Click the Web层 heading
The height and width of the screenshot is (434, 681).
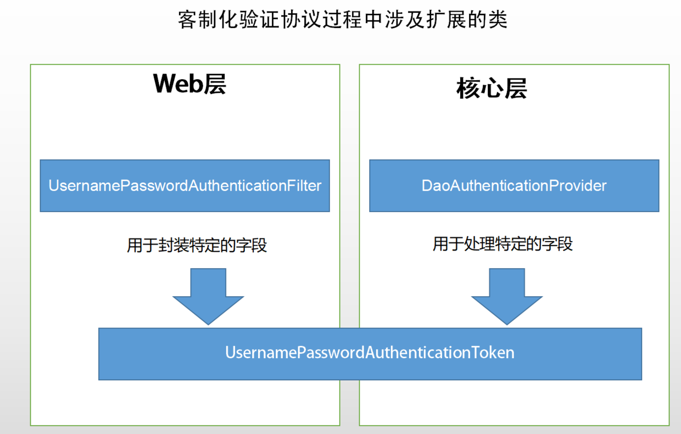[x=189, y=84]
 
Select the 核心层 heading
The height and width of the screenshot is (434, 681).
[x=492, y=88]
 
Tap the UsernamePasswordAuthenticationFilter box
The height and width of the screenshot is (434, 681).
[x=185, y=186]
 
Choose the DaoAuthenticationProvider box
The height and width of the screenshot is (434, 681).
[x=514, y=186]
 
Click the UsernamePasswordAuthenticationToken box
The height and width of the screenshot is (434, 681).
[x=370, y=353]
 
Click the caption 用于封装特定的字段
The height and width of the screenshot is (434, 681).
[x=197, y=245]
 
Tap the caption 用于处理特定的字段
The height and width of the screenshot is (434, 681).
[x=503, y=244]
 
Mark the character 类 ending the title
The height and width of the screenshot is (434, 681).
[x=498, y=20]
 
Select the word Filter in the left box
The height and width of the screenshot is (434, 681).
[x=304, y=186]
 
